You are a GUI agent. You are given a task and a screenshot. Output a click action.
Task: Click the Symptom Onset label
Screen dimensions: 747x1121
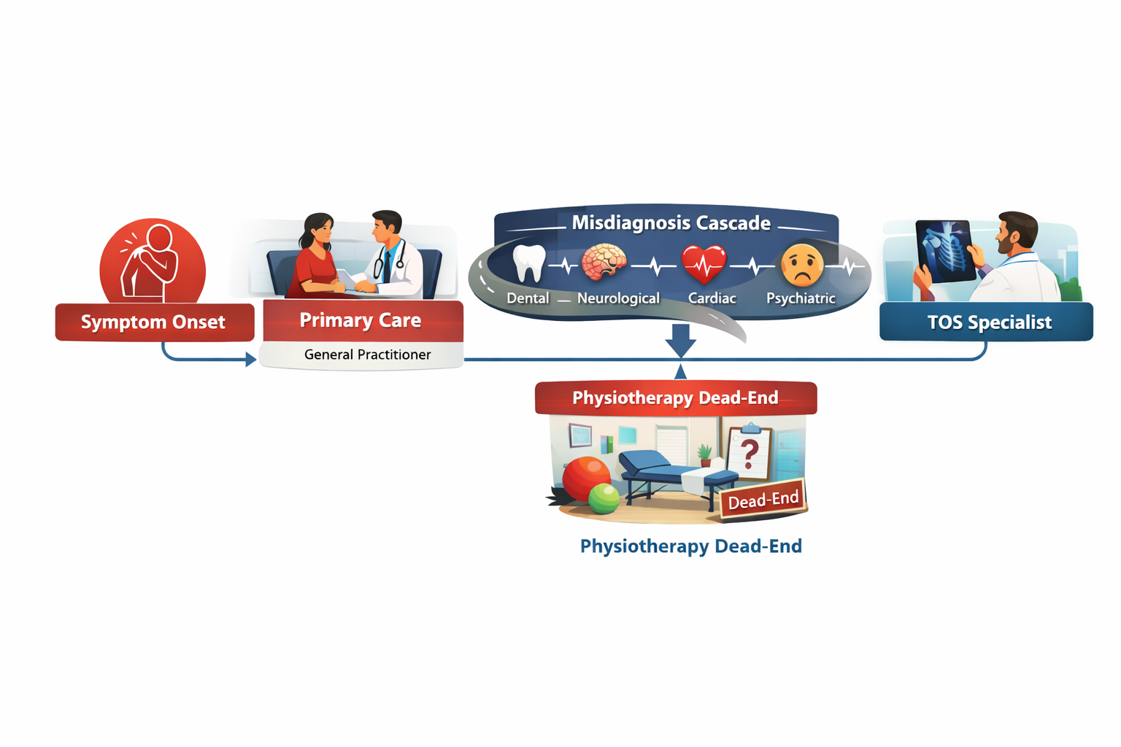pos(154,322)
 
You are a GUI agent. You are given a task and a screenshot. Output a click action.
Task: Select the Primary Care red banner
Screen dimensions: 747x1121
pos(362,321)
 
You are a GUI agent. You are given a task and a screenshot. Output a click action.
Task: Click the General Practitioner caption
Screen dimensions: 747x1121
pos(367,355)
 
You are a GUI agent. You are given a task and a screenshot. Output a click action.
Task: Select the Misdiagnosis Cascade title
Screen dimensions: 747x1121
pos(671,223)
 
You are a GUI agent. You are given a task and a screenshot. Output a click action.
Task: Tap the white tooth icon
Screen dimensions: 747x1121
pos(529,263)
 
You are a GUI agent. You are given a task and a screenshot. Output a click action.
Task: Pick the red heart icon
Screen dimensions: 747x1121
pos(704,264)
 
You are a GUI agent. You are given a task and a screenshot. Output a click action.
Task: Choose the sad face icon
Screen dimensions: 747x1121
pos(801,265)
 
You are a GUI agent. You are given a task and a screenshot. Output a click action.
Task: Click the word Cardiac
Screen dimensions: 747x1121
pos(712,298)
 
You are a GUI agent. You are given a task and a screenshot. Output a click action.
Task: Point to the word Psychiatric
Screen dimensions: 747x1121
pos(801,298)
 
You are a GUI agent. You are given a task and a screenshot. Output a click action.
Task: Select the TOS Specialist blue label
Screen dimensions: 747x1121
pos(988,322)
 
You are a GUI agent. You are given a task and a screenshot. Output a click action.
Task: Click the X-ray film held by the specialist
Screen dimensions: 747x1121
pos(946,249)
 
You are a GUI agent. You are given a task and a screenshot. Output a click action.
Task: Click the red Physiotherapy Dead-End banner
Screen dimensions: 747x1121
pos(675,398)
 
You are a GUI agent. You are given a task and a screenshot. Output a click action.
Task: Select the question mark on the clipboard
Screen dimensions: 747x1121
pos(749,453)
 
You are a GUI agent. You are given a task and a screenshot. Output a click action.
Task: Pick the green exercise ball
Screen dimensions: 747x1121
pos(604,499)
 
